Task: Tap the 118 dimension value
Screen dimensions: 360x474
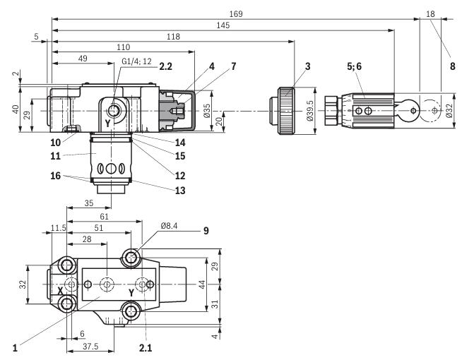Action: point(172,37)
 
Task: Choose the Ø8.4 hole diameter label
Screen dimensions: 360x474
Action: point(171,227)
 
